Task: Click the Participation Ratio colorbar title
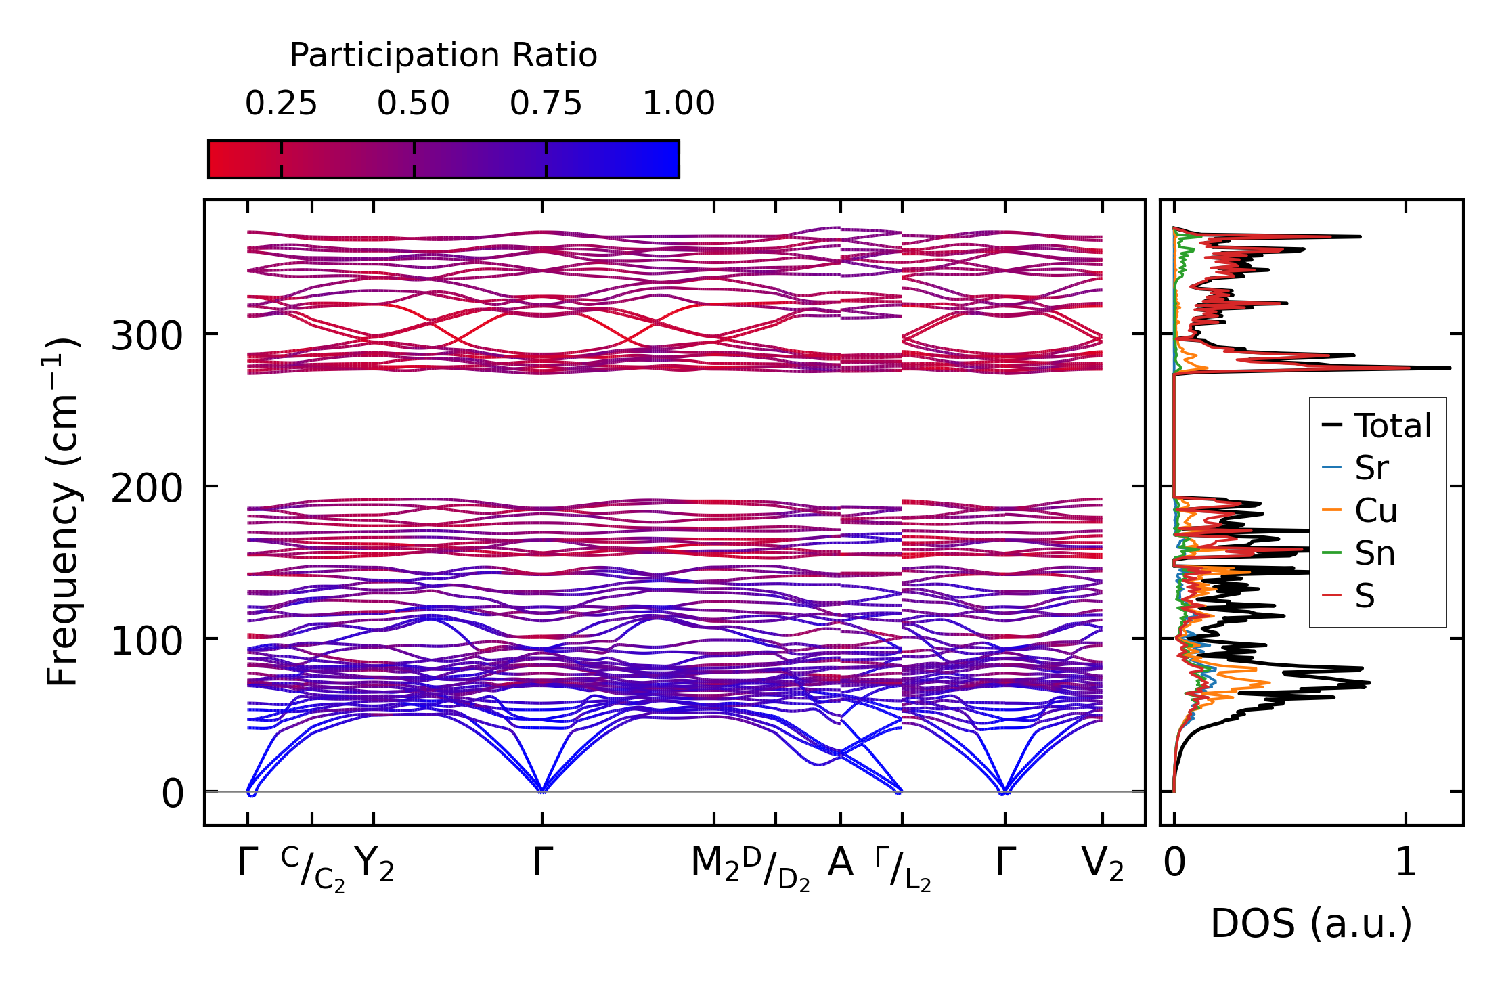(443, 56)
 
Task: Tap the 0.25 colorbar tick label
(281, 104)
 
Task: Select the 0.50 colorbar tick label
(414, 104)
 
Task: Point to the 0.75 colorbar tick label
(546, 104)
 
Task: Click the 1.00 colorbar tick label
(678, 104)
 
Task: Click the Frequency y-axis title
(63, 512)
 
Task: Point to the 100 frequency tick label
(147, 640)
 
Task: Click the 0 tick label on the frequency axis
(173, 793)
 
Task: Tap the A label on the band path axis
(840, 863)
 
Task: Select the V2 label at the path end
(1103, 864)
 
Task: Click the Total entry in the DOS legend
(1392, 426)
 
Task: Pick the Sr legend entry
(1371, 468)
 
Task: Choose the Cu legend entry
(1375, 510)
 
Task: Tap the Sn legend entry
(1375, 553)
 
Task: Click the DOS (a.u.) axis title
(1311, 923)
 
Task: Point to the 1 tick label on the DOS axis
(1406, 863)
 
